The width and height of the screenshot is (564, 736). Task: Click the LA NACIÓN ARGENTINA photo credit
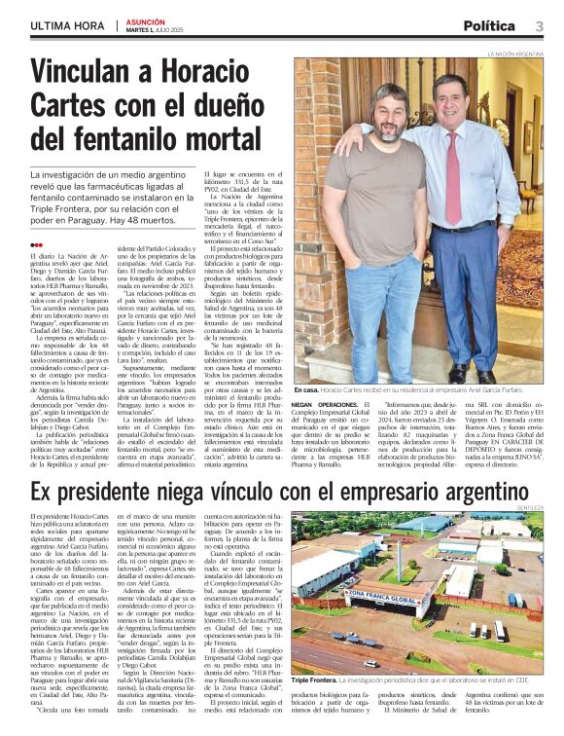515,55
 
